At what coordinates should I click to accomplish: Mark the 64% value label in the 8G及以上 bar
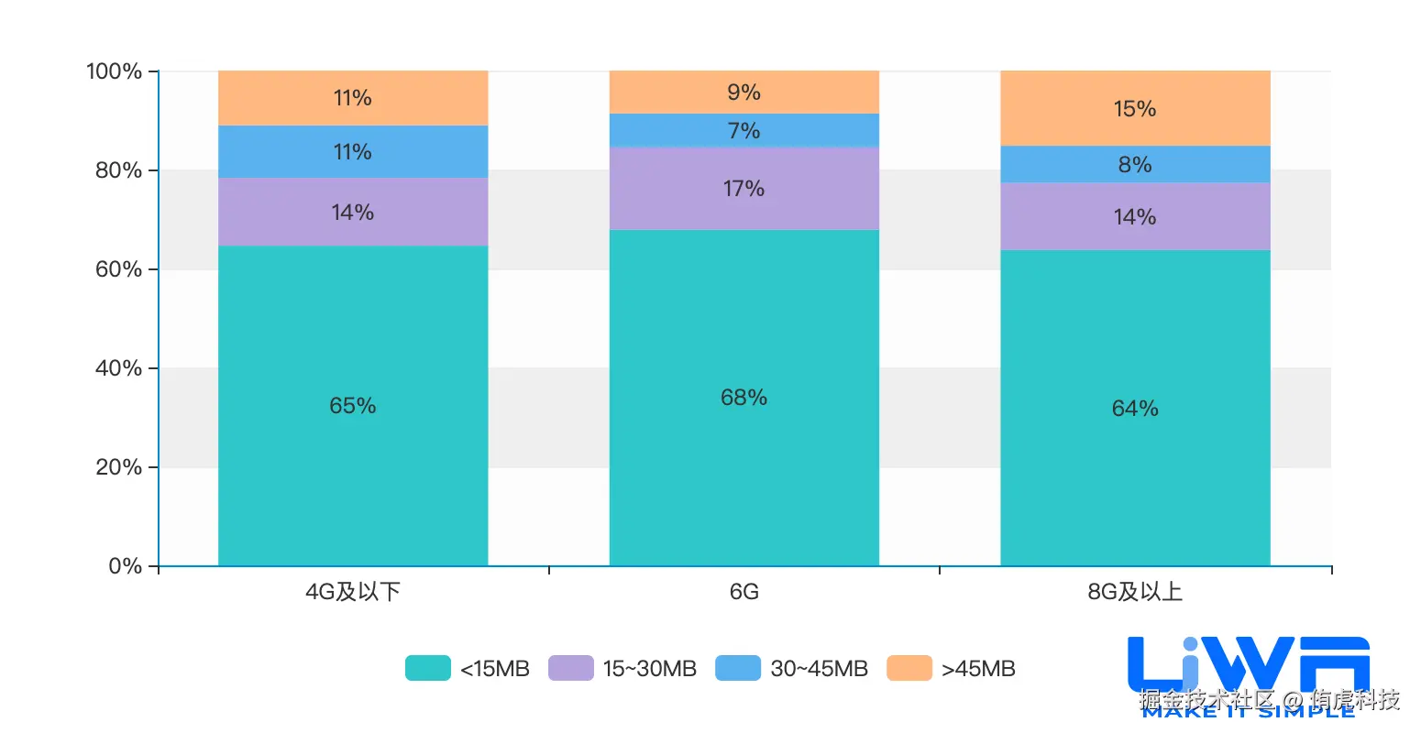1135,409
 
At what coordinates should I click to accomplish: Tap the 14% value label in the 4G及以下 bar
353,213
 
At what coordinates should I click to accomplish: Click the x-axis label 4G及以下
353,592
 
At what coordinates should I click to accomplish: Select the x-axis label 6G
744,592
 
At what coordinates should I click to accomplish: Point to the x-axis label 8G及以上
1135,592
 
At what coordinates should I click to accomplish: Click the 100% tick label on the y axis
114,71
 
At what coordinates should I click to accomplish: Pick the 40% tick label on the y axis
118,368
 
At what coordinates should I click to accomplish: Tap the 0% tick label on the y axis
125,566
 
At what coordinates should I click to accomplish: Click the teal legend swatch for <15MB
428,668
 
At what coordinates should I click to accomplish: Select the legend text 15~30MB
649,669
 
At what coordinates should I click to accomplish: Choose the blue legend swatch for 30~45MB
738,668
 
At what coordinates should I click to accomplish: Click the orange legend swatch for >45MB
909,668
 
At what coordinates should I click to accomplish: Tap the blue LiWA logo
1249,664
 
